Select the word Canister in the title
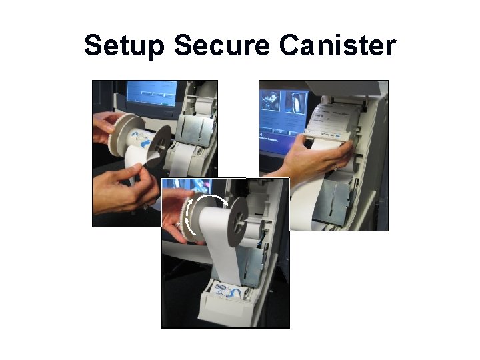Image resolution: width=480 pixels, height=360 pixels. pos(337,45)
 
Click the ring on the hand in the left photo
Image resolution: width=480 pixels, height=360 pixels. pos(146,207)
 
